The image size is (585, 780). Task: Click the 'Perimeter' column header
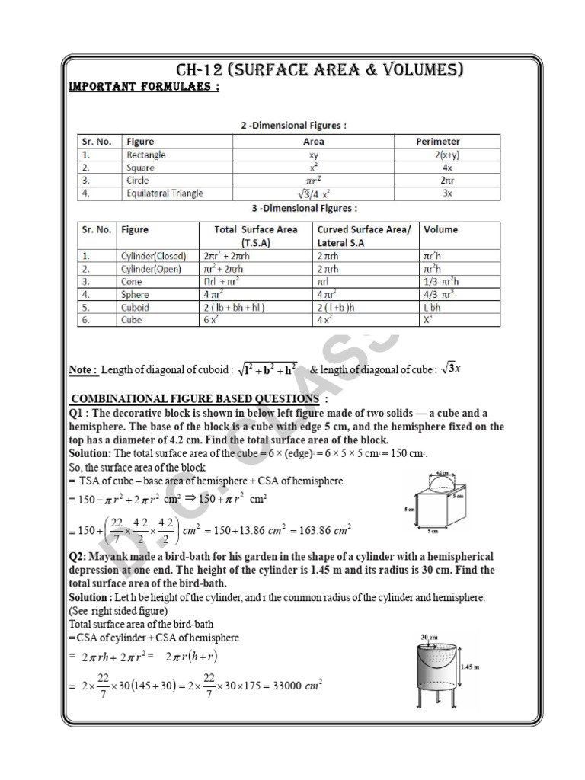pyautogui.click(x=437, y=142)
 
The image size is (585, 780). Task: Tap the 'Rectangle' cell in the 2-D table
pyautogui.click(x=146, y=155)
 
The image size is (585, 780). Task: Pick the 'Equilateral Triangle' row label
pyautogui.click(x=165, y=193)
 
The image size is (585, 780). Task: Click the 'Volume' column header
pyautogui.click(x=441, y=229)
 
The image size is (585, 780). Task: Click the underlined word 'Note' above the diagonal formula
pyautogui.click(x=83, y=370)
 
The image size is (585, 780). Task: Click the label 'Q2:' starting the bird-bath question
pyautogui.click(x=80, y=557)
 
